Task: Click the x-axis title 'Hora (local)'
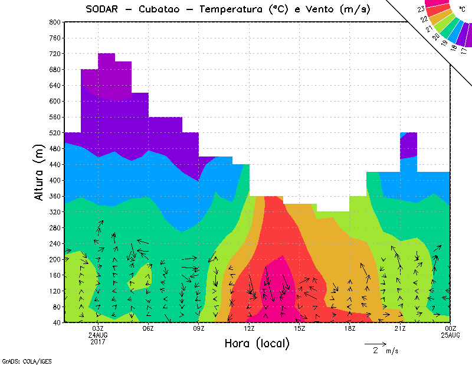256,343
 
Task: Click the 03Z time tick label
98,328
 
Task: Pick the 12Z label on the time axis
249,328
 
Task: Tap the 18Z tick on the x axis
350,328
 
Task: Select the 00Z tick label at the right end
451,328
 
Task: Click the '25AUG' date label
451,335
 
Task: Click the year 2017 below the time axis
98,341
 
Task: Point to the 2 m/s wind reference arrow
375,343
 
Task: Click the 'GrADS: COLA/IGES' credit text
19,360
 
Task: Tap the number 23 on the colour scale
421,9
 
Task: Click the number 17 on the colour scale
464,51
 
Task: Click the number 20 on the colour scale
436,37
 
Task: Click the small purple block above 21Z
408,148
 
